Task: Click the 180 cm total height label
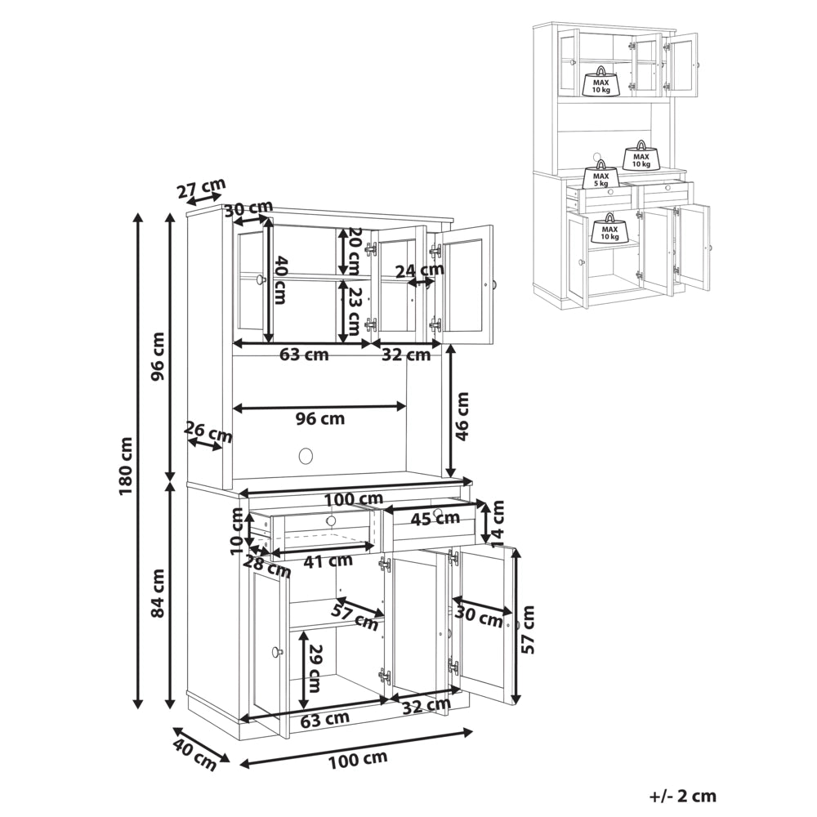coord(127,466)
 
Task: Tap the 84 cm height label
coord(158,593)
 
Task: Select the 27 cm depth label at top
coord(201,188)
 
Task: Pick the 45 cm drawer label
coord(435,517)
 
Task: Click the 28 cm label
coord(268,567)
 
